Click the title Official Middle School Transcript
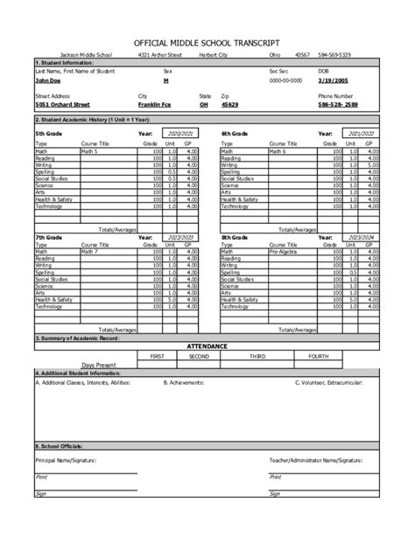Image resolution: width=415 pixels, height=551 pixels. click(x=207, y=42)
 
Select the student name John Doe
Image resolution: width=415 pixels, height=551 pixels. click(x=49, y=80)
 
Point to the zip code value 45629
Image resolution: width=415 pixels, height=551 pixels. click(x=229, y=104)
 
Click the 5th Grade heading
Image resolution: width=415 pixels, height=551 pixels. click(x=50, y=133)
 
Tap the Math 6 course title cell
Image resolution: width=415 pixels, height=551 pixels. click(x=278, y=150)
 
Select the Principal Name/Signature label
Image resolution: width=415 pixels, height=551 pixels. click(x=66, y=458)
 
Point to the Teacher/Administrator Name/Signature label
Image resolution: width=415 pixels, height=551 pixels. click(x=315, y=458)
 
